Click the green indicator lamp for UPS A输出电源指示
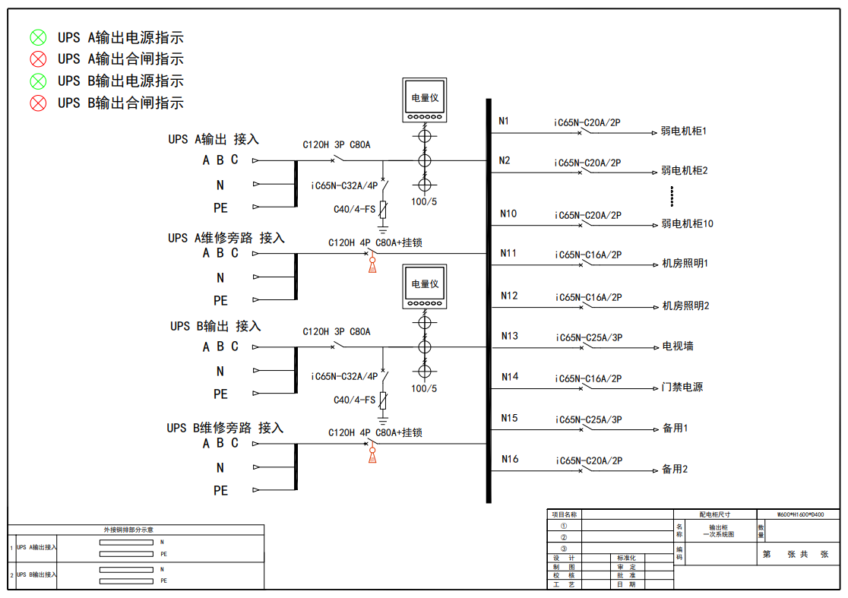(38, 37)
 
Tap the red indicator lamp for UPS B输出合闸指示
(38, 103)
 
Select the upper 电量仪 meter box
(425, 100)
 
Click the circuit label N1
(504, 121)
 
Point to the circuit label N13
(509, 336)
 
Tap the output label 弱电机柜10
(687, 224)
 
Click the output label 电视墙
(678, 346)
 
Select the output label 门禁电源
(682, 388)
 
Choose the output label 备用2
(675, 470)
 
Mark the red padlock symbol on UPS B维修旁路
(372, 454)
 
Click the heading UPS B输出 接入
(215, 326)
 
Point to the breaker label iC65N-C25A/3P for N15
(588, 419)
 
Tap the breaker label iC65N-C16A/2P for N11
(588, 255)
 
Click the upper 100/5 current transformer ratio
(424, 201)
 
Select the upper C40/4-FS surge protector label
(354, 210)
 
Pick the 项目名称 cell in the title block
(564, 514)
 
